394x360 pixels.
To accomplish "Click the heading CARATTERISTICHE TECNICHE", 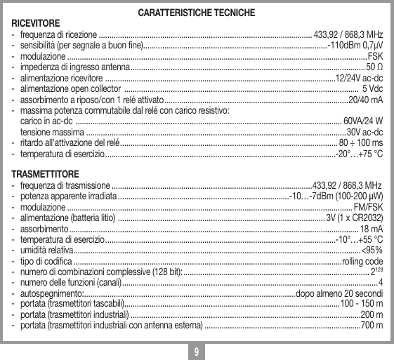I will (x=197, y=13).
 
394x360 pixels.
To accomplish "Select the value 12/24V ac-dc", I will (x=359, y=78).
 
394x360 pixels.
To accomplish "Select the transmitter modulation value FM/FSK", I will (x=368, y=207).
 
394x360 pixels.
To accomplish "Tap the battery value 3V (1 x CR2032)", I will (x=354, y=218).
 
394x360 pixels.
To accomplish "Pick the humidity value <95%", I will (x=372, y=251).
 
